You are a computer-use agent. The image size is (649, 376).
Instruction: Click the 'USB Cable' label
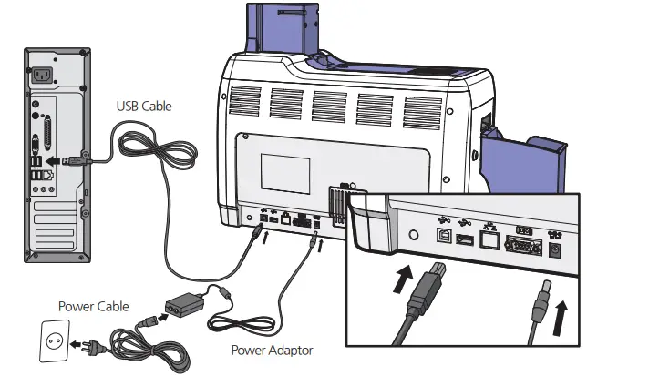tap(143, 107)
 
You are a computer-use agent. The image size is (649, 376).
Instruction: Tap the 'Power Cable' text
tap(93, 306)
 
